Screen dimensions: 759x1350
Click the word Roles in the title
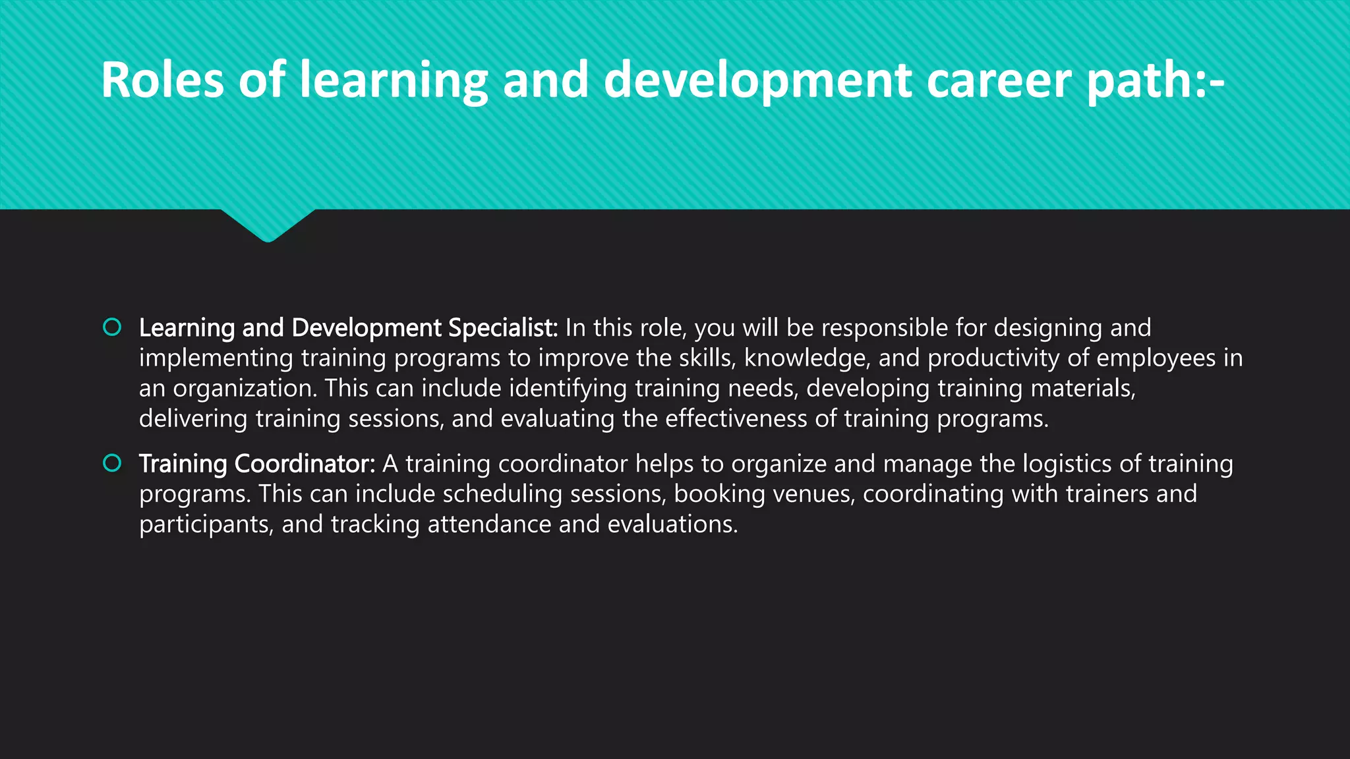162,80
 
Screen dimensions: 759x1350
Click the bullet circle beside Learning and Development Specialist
113,327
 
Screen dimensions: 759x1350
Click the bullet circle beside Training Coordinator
113,463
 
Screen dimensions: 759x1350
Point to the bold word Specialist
503,328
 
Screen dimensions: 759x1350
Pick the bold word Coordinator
305,464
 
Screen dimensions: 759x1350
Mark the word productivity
994,358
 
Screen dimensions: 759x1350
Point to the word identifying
568,389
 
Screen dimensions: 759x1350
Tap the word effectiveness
736,419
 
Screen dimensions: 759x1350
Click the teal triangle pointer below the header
268,224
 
